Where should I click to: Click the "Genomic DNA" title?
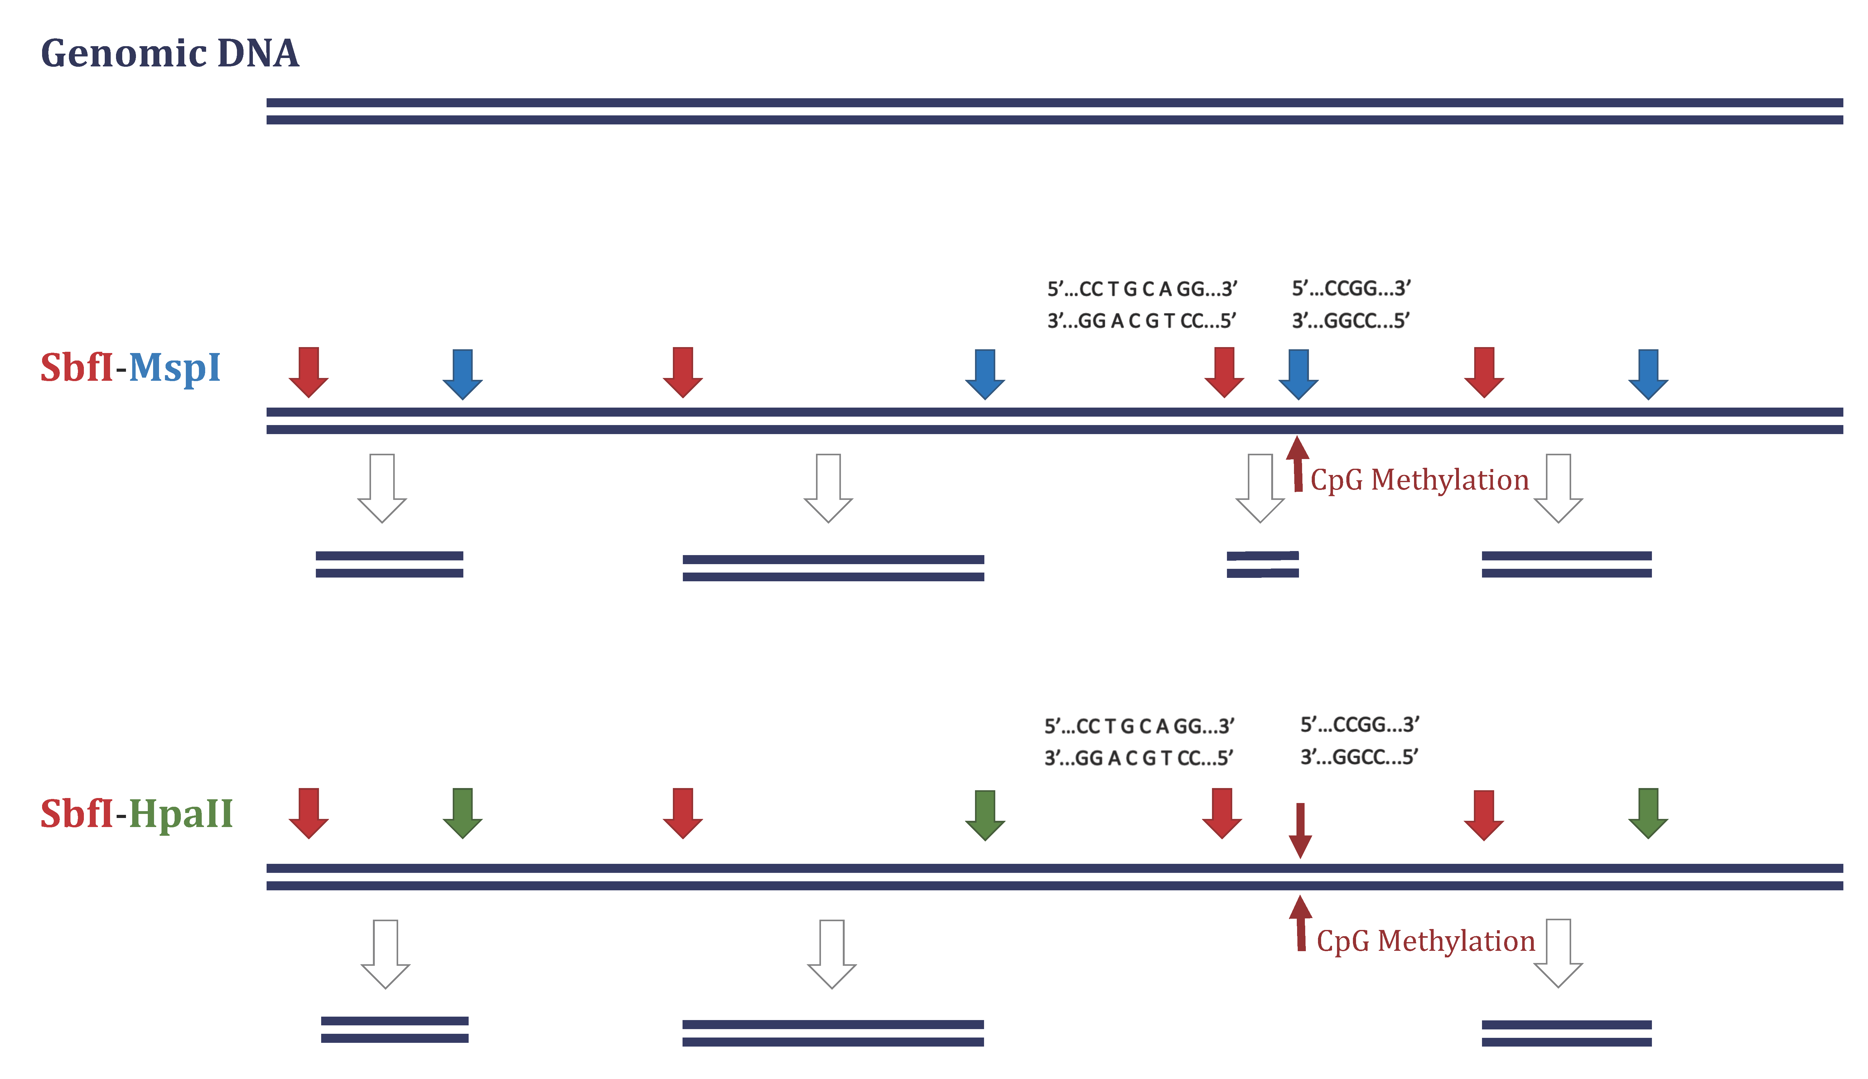point(170,53)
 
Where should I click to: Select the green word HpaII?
point(181,814)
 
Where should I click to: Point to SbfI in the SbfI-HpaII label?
point(76,814)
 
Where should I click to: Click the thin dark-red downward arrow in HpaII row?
point(1300,830)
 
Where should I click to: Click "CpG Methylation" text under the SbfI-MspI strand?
point(1419,480)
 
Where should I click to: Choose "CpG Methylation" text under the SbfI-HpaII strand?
point(1425,941)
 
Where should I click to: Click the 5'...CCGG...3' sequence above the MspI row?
point(1351,288)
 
